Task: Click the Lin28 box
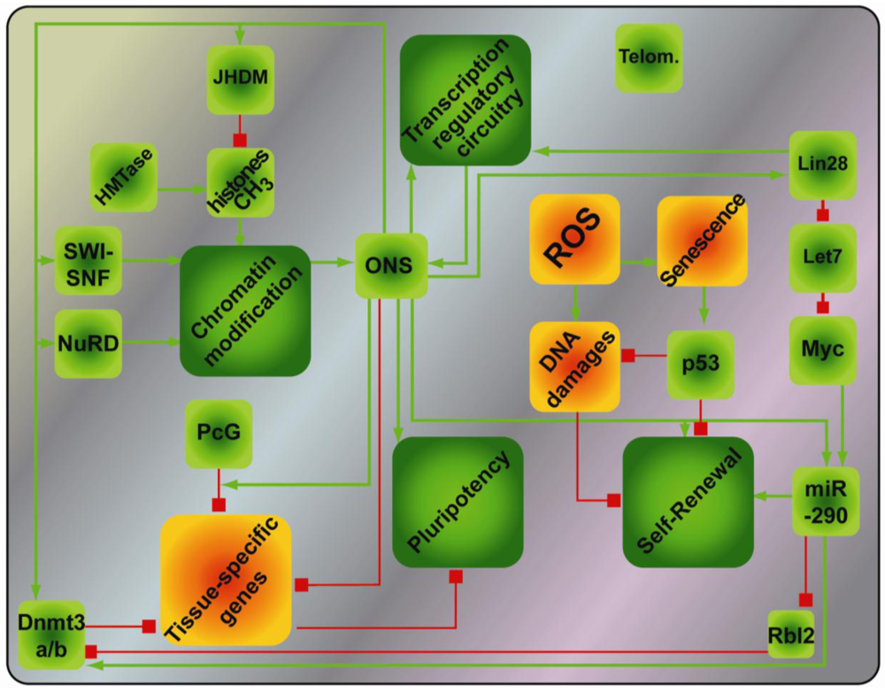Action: pos(822,164)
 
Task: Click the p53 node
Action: pos(701,363)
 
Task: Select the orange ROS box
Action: pos(574,239)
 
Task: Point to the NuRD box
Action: pos(88,342)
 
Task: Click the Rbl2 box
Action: pos(789,634)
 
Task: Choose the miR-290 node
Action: pos(826,499)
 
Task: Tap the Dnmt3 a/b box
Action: pos(51,634)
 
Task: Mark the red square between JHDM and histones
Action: pos(238,140)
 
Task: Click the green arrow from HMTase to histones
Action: pos(181,188)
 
